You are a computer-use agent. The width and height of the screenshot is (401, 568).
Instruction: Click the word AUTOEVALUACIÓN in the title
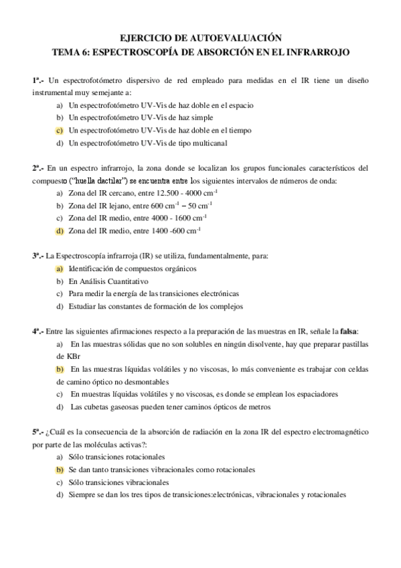(238, 40)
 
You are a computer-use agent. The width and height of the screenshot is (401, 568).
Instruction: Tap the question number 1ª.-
(37, 80)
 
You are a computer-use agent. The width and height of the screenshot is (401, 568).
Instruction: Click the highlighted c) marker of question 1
(60, 131)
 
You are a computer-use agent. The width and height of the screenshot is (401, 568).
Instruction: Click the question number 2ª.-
(37, 168)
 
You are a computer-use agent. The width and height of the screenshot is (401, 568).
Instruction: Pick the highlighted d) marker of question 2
(60, 231)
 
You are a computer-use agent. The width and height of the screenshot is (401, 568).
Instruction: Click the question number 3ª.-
(37, 256)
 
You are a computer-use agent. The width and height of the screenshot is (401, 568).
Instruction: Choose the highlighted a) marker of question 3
(60, 269)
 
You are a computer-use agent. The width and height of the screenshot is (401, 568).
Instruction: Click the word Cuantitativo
(127, 281)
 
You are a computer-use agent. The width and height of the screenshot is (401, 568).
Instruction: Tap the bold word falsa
(347, 331)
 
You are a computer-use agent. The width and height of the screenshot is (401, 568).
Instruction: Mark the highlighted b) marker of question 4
(60, 369)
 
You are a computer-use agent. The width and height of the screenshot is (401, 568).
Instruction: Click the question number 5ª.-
(37, 431)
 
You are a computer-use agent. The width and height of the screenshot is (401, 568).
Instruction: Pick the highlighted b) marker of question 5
(60, 470)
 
